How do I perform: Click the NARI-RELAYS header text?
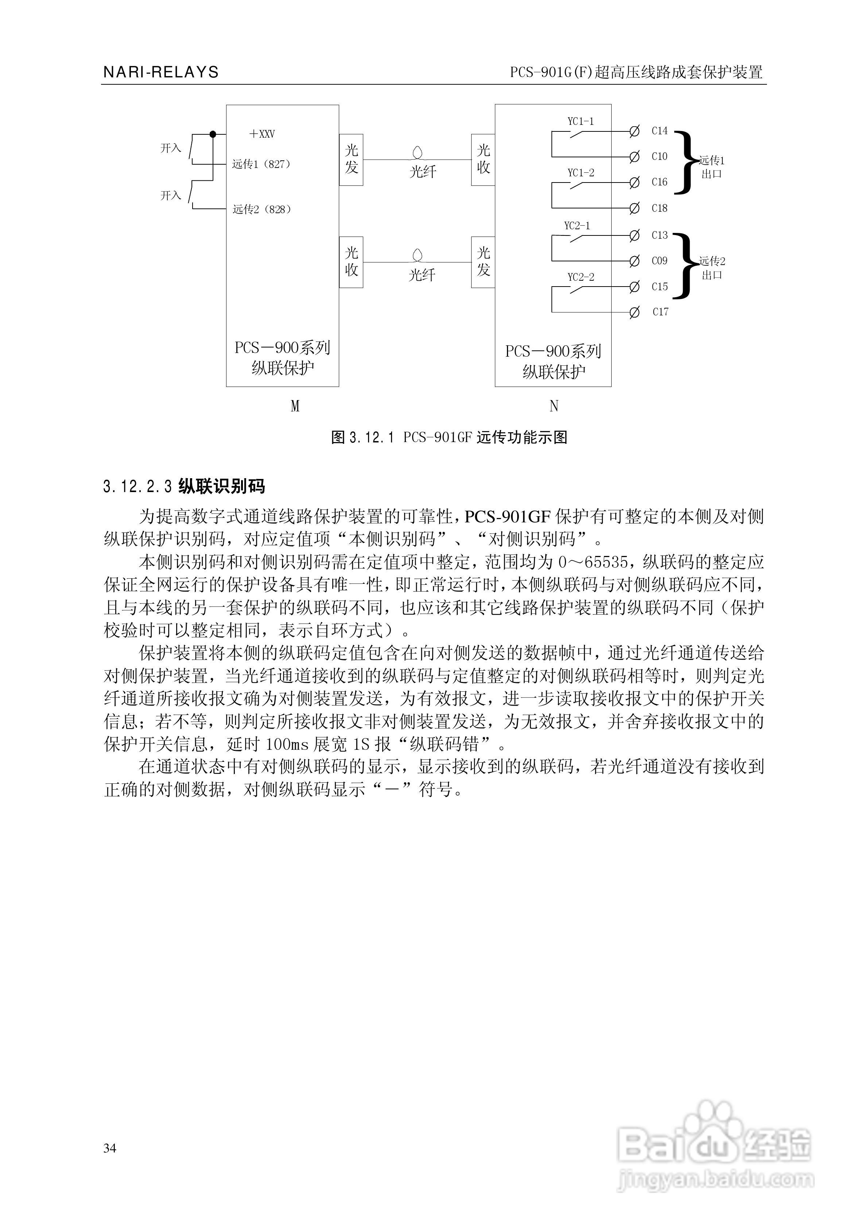tap(161, 72)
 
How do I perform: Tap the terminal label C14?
tap(659, 131)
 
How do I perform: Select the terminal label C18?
tap(659, 208)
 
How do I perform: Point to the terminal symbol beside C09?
tap(635, 261)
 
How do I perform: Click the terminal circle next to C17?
tap(635, 312)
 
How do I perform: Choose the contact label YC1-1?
tap(581, 122)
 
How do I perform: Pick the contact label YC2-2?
tap(581, 277)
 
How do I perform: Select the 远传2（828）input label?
tap(262, 210)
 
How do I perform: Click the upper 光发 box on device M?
tap(351, 160)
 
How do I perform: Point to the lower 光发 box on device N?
tap(483, 262)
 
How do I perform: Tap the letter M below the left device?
tap(295, 407)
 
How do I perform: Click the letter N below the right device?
tap(554, 407)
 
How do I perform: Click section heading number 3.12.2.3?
tap(137, 487)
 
